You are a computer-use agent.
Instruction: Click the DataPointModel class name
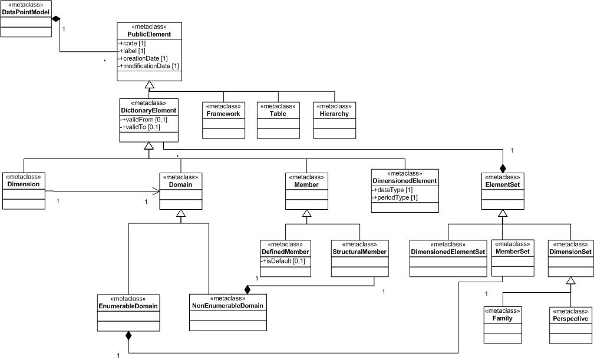pyautogui.click(x=25, y=12)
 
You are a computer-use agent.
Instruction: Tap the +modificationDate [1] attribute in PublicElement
pyautogui.click(x=149, y=66)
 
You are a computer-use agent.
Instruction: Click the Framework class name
pyautogui.click(x=223, y=114)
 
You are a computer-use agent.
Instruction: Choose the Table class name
pyautogui.click(x=279, y=114)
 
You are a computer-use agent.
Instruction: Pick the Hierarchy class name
pyautogui.click(x=335, y=114)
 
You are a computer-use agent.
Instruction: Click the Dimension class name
pyautogui.click(x=24, y=184)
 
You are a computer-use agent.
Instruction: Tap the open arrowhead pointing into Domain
pyautogui.click(x=157, y=191)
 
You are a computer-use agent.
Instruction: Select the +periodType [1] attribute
pyautogui.click(x=395, y=197)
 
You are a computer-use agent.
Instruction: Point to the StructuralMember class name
pyautogui.click(x=359, y=252)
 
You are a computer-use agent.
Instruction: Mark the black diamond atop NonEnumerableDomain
pyautogui.click(x=248, y=289)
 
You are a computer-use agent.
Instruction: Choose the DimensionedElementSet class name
pyautogui.click(x=448, y=252)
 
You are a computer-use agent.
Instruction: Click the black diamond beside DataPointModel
pyautogui.click(x=57, y=19)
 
